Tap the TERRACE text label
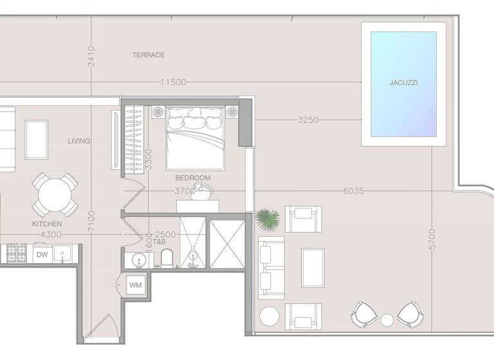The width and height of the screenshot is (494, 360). click(149, 55)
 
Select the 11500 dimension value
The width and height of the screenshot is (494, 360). click(174, 82)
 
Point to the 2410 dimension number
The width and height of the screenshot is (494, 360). click(91, 57)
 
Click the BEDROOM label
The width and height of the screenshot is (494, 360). click(193, 177)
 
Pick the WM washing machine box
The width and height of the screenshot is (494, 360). click(135, 284)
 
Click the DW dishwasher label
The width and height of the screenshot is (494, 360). click(42, 255)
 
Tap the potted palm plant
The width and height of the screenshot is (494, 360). click(267, 219)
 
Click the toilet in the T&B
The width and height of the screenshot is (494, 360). click(167, 258)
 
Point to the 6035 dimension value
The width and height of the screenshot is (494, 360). click(354, 191)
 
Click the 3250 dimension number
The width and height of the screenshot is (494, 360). click(308, 120)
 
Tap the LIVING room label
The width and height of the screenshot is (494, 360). click(79, 141)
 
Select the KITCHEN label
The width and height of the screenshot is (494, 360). click(47, 224)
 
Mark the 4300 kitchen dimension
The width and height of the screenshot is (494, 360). click(51, 235)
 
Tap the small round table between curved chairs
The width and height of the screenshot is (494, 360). click(387, 319)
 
